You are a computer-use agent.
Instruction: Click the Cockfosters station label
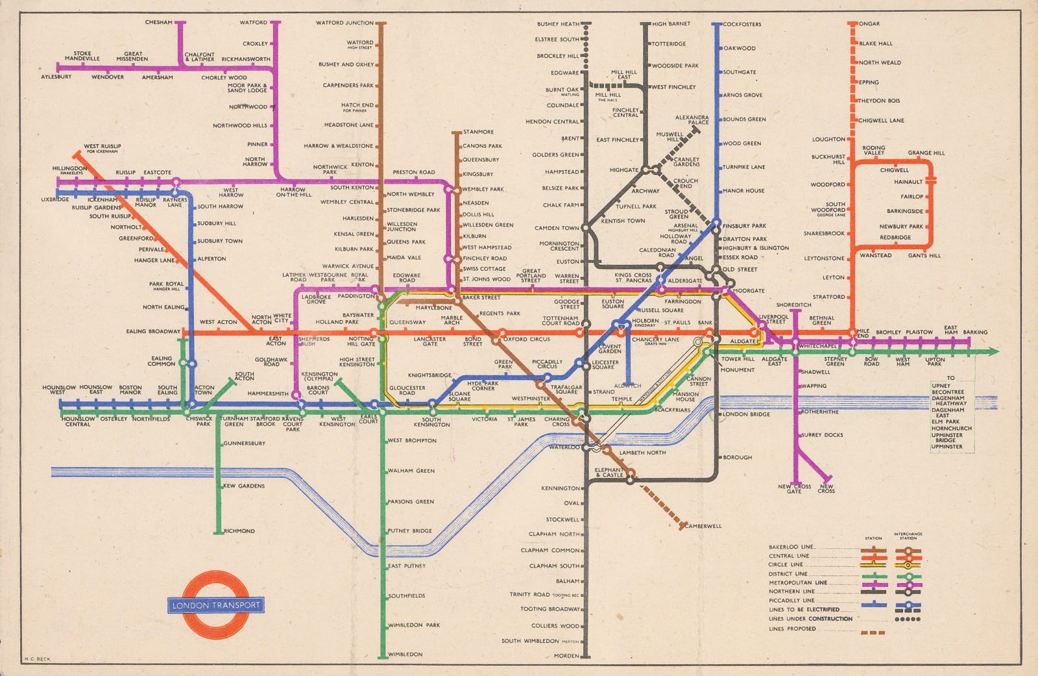click(742, 24)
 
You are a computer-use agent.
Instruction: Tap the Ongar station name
click(869, 24)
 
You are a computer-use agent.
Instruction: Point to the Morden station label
click(566, 656)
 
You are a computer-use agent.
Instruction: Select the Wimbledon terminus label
click(405, 654)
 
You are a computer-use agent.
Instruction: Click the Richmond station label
click(239, 531)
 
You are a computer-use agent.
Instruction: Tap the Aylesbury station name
click(56, 77)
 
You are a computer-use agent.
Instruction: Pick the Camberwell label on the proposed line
click(703, 526)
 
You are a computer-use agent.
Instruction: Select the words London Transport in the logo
click(216, 605)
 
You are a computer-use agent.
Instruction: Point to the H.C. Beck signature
click(37, 659)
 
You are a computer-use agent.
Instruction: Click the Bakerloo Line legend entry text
click(791, 547)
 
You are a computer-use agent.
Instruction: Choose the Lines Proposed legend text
click(792, 629)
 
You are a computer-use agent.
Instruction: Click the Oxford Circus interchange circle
click(500, 339)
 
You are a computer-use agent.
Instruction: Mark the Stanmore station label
click(478, 132)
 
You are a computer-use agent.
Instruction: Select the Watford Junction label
click(344, 23)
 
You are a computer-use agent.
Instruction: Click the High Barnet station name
click(671, 24)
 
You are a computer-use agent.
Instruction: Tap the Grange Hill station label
click(926, 153)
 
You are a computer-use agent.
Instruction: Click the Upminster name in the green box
click(947, 446)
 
